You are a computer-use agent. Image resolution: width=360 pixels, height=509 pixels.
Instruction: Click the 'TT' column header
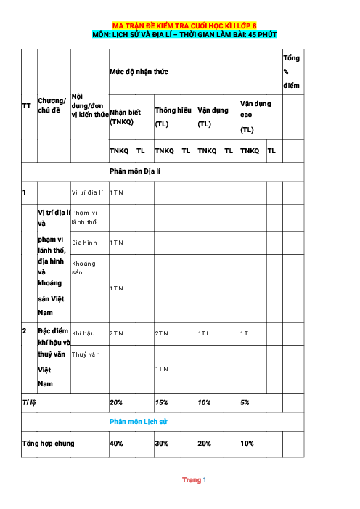(26, 106)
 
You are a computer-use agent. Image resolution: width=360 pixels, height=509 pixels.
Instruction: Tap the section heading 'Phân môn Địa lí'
(135, 171)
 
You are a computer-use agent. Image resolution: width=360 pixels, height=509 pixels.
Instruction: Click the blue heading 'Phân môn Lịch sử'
(138, 421)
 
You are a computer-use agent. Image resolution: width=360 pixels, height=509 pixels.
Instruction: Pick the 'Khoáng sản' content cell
(83, 268)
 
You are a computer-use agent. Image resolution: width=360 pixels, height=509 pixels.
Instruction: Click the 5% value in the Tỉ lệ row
(245, 402)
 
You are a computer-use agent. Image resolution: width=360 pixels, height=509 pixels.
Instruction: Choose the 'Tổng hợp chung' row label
(48, 442)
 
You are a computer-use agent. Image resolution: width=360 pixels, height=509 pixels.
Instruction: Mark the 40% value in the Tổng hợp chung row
(116, 442)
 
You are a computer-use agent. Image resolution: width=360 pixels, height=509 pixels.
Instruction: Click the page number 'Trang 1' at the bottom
(194, 480)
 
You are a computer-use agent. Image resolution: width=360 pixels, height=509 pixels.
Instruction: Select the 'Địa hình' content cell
(84, 242)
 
